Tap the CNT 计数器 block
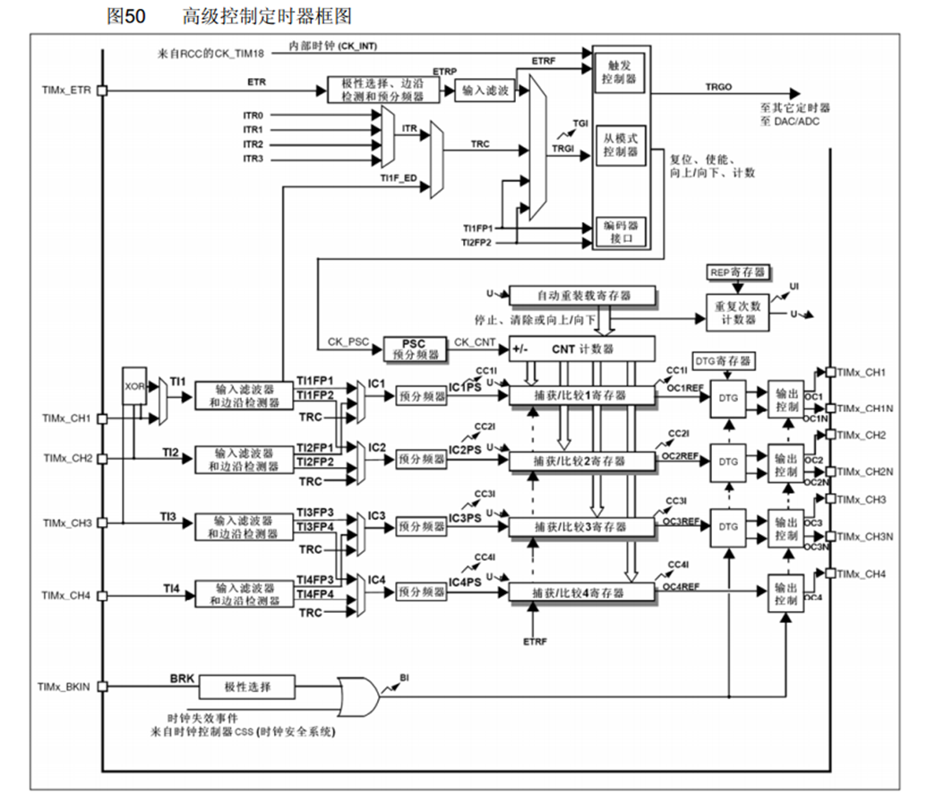[581, 347]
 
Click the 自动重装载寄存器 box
[581, 295]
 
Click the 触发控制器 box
[620, 73]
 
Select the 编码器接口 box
[620, 231]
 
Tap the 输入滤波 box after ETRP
[486, 91]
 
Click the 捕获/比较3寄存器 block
[581, 527]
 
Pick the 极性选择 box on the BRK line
[246, 687]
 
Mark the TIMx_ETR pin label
[66, 91]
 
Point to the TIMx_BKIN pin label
[64, 687]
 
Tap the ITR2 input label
[253, 144]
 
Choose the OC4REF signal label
[682, 588]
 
